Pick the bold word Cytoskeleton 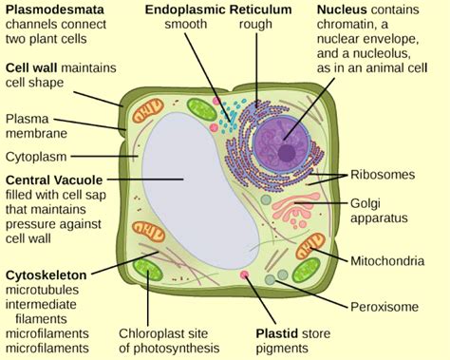(x=44, y=275)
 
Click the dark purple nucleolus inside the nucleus (x=286, y=151)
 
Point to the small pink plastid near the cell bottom (x=244, y=275)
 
